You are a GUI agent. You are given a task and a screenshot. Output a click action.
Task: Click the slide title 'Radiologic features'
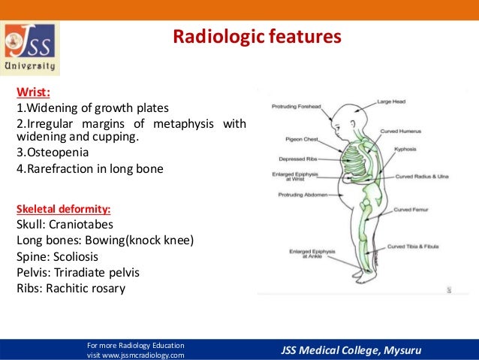[x=258, y=36]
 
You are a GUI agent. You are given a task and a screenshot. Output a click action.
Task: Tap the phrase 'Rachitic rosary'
[x=92, y=288]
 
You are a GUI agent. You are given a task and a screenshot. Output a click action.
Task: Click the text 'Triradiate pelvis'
[x=97, y=271]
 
